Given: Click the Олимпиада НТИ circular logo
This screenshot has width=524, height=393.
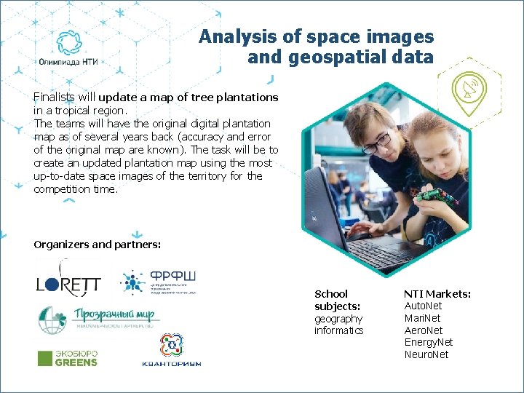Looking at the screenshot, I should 71,44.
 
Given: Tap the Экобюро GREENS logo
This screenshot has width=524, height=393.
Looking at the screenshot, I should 67,358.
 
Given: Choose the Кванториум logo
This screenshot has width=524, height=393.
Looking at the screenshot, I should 171,350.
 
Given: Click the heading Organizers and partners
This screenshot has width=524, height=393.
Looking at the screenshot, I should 97,245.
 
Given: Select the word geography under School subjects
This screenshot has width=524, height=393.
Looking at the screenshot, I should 338,319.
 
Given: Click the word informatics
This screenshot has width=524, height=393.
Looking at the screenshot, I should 338,330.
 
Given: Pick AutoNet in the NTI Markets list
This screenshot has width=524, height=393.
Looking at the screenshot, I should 423,306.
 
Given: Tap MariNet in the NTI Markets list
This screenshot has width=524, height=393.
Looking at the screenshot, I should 422,318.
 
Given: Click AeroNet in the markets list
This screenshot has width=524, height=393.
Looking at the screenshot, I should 424,330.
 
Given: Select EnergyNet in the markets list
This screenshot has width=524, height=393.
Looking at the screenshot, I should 428,342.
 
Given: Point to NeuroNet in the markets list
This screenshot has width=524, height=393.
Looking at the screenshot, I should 426,354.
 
